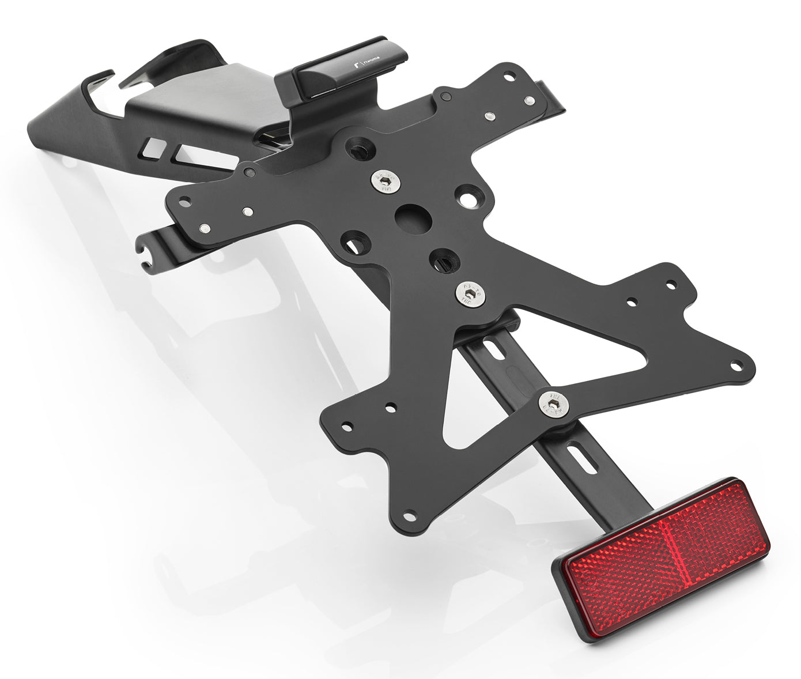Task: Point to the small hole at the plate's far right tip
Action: pyautogui.click(x=736, y=365)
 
